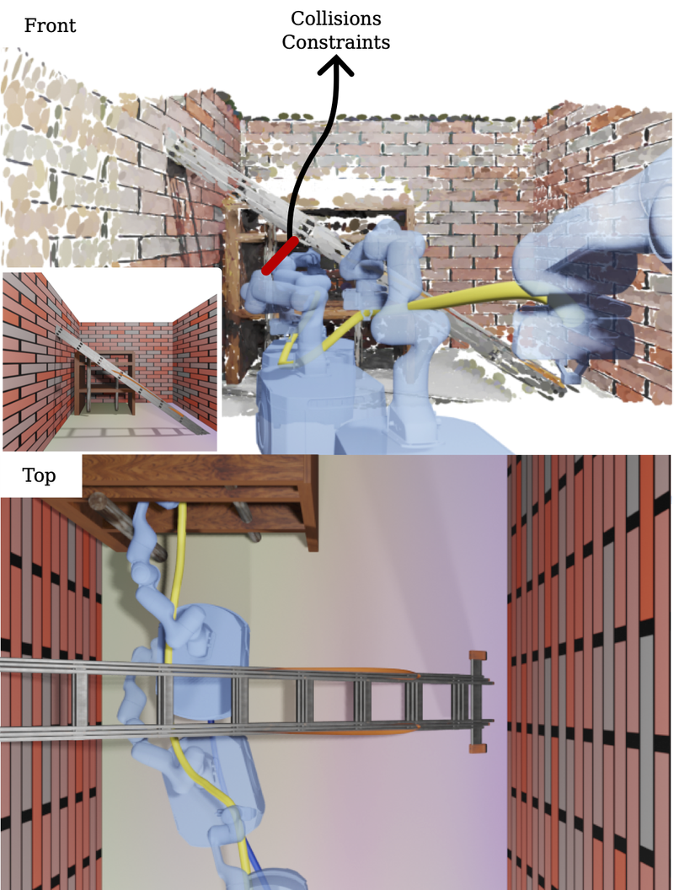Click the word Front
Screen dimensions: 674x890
[50, 25]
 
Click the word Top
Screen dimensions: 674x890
[39, 475]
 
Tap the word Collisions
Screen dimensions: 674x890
[336, 19]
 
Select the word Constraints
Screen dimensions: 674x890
[336, 42]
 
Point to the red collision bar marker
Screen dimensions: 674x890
[280, 256]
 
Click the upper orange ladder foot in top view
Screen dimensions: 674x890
[479, 656]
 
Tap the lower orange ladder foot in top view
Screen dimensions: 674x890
[479, 748]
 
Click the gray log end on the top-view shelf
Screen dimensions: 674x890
[98, 501]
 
